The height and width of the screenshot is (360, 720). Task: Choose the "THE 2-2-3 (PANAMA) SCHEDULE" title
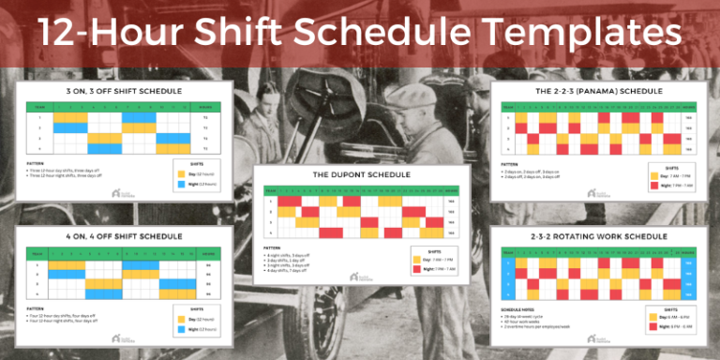[595, 90]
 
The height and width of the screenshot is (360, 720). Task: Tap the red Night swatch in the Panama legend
[655, 185]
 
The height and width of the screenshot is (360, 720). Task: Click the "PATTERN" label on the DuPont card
[271, 248]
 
